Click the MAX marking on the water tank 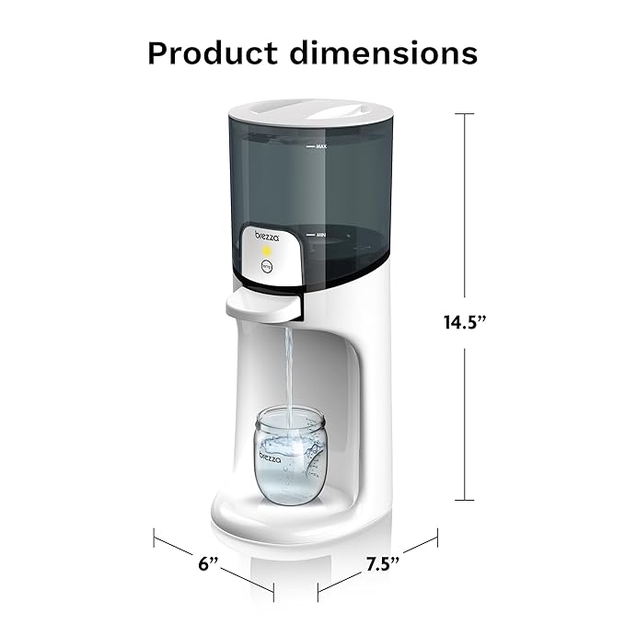click(x=321, y=146)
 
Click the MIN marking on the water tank click(x=321, y=236)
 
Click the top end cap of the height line click(x=465, y=113)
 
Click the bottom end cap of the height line click(x=465, y=500)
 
